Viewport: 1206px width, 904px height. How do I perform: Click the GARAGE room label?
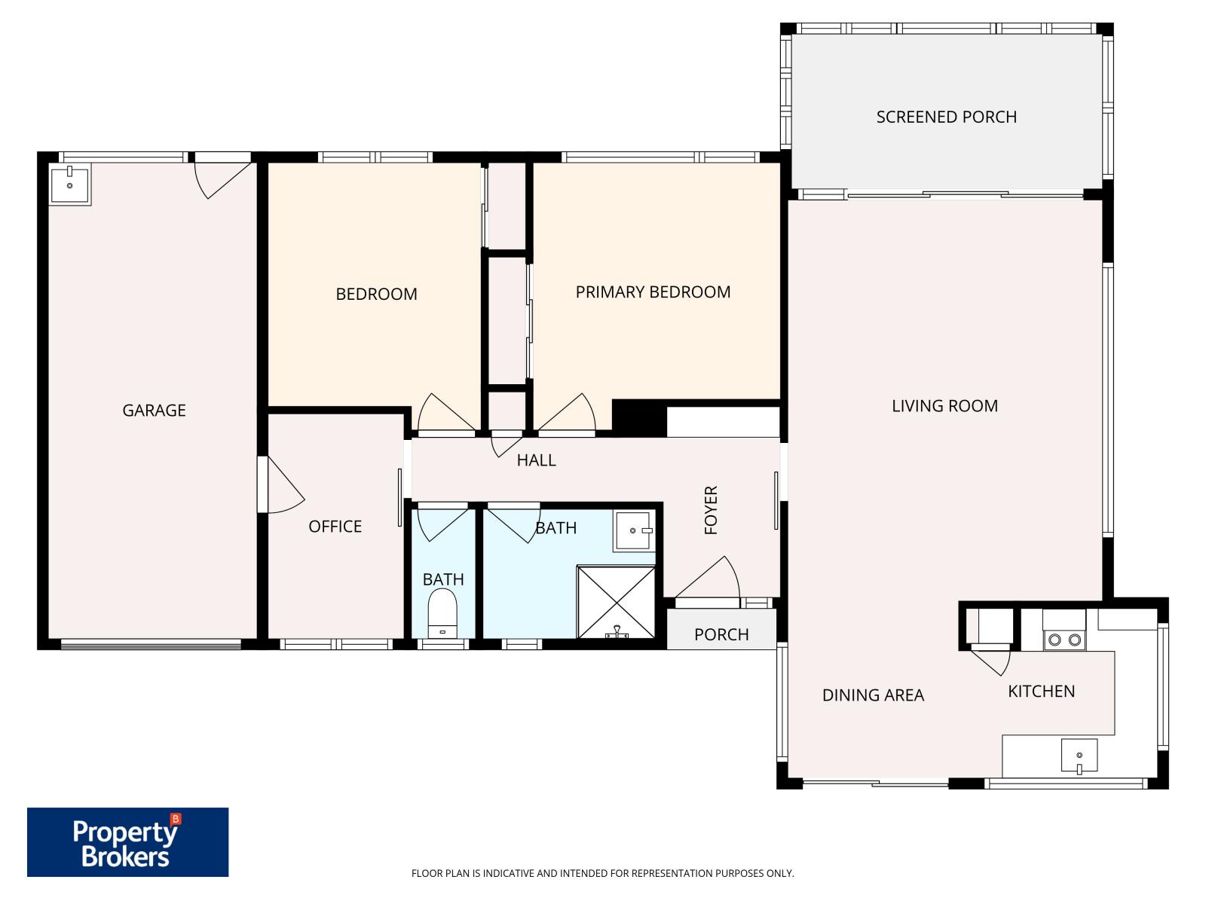[154, 411]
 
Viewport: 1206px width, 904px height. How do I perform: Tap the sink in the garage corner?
[69, 185]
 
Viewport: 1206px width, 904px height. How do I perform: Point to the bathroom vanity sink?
[634, 531]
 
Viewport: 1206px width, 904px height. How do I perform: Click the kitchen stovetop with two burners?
[1064, 640]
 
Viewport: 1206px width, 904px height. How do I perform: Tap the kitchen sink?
[1079, 755]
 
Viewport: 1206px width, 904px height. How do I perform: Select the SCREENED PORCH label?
[946, 117]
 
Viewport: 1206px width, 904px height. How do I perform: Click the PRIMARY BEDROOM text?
[653, 292]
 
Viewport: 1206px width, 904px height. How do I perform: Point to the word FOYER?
[711, 510]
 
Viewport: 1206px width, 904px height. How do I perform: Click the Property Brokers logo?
[127, 842]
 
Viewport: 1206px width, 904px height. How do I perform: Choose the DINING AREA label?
[873, 695]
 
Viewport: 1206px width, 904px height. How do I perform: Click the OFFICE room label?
[335, 527]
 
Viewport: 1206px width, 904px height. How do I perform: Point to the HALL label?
[536, 460]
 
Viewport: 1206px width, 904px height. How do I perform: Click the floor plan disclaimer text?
[602, 873]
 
